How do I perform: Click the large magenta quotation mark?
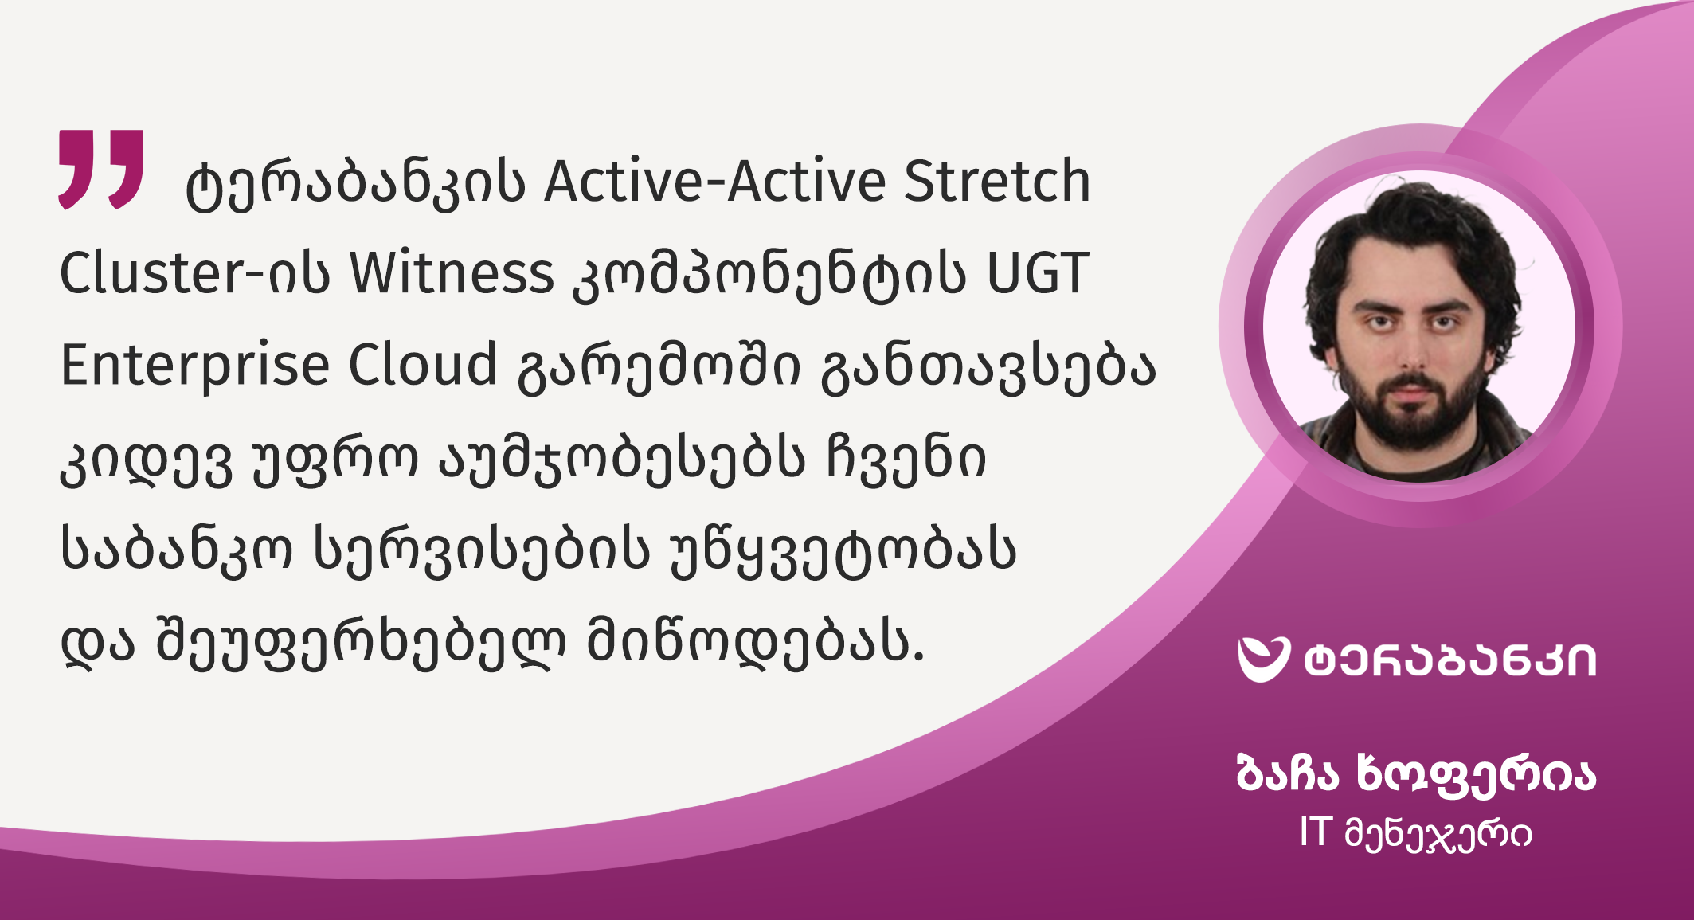[x=101, y=169]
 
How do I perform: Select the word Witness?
[x=452, y=273]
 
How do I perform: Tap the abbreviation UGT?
[x=1038, y=273]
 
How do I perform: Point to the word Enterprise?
[x=195, y=366]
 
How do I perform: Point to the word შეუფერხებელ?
[x=361, y=644]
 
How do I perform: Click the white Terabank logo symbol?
[x=1263, y=660]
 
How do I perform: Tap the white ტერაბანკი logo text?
[x=1450, y=661]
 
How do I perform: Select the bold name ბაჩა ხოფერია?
[x=1416, y=773]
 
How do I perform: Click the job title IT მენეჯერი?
[x=1415, y=834]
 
